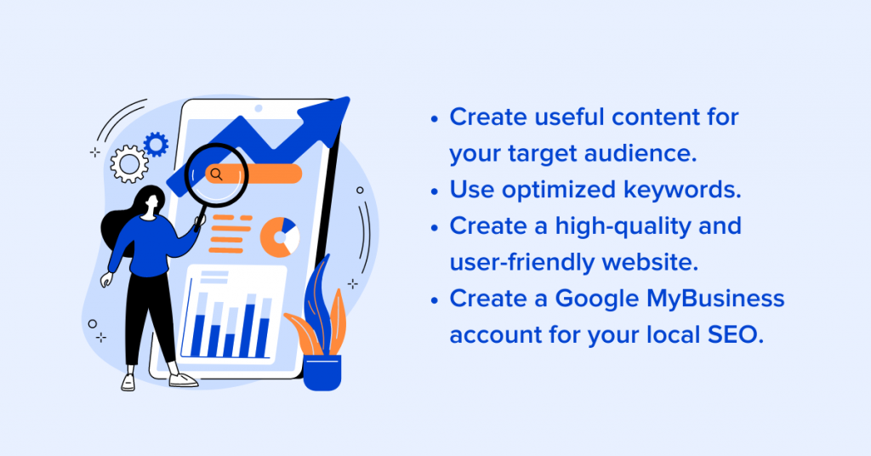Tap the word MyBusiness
click(x=715, y=299)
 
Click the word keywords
click(x=682, y=191)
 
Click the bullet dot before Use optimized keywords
click(x=435, y=191)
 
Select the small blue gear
click(x=157, y=145)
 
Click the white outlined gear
click(x=129, y=164)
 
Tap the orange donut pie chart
click(x=279, y=237)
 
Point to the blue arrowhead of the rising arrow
click(x=327, y=117)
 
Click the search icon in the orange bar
click(x=217, y=174)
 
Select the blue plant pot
click(x=322, y=372)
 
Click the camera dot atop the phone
click(x=259, y=108)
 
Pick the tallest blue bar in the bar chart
click(x=250, y=330)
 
